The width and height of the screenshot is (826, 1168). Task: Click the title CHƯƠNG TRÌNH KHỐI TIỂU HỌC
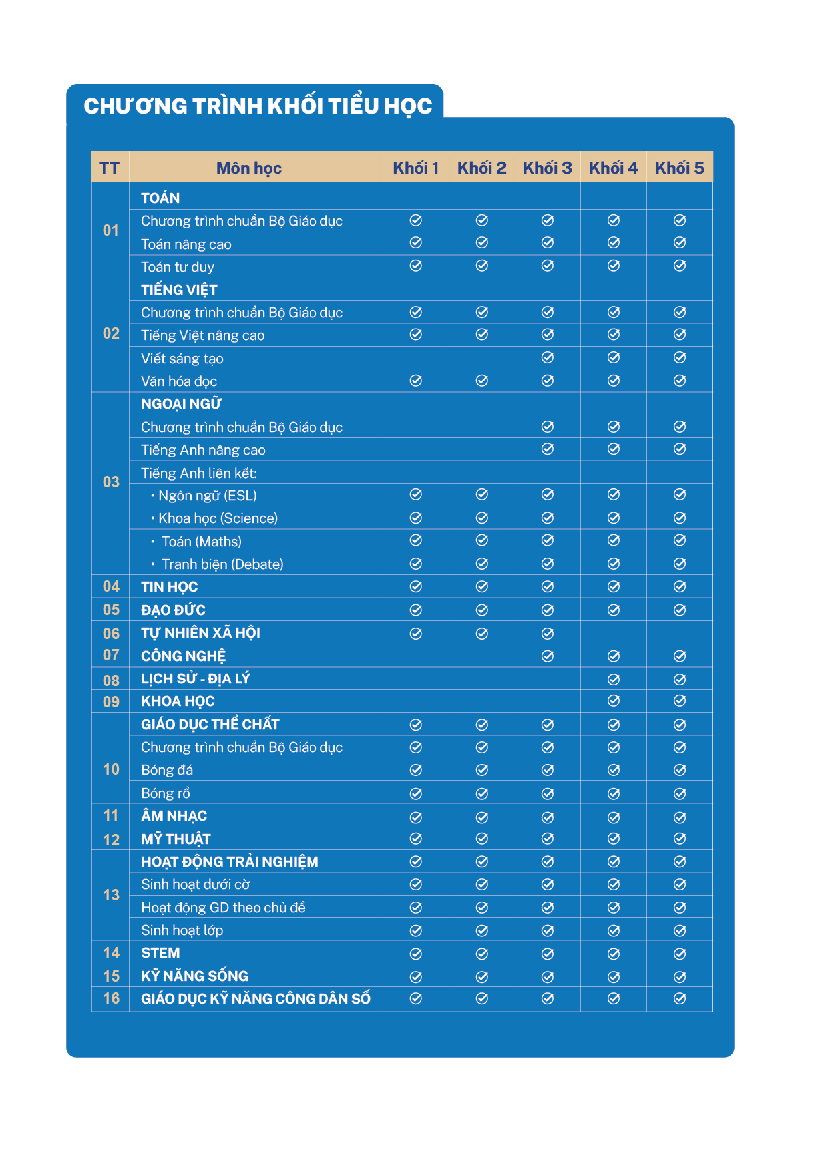[x=258, y=106]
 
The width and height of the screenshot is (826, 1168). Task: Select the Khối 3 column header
[x=547, y=168]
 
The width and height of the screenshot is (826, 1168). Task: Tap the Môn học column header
[x=249, y=168]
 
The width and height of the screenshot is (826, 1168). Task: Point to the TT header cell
[x=110, y=168]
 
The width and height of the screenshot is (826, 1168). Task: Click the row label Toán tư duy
[x=178, y=267]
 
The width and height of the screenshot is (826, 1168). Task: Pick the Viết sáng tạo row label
[x=182, y=359]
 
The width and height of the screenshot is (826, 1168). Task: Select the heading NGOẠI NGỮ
[x=181, y=404]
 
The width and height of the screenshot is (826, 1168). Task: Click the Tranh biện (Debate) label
[x=222, y=564]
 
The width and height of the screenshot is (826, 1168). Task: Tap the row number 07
[x=111, y=656]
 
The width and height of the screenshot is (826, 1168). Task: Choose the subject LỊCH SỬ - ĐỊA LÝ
[x=196, y=679]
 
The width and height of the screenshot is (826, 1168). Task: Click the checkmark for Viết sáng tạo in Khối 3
[x=548, y=358]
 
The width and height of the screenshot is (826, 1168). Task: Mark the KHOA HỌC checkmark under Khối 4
[x=614, y=701]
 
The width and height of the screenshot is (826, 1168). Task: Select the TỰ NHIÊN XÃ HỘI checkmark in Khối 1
[x=416, y=634]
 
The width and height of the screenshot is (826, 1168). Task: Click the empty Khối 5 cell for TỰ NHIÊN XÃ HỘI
[x=680, y=633]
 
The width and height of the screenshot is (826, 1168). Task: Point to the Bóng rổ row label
[x=166, y=793]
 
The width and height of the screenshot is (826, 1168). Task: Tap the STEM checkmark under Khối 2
[x=482, y=954]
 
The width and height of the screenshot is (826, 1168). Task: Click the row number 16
[x=111, y=998]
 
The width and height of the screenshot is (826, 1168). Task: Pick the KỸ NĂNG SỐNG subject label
[x=194, y=976]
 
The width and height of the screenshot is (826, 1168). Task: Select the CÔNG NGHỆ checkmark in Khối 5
[x=680, y=656]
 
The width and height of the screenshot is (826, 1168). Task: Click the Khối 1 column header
[x=416, y=168]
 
